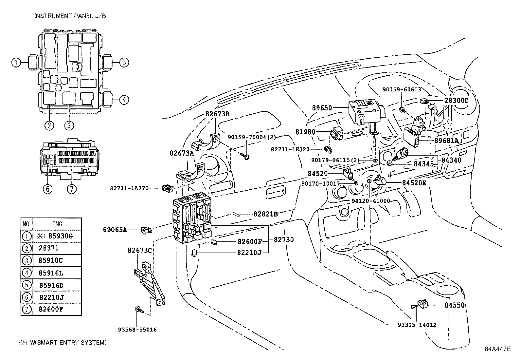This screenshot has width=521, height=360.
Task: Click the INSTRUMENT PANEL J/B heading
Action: pyautogui.click(x=70, y=16)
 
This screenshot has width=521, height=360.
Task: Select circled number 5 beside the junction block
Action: pyautogui.click(x=124, y=62)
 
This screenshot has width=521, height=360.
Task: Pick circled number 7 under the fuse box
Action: pyautogui.click(x=71, y=189)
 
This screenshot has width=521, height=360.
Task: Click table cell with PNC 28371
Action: pyautogui.click(x=57, y=248)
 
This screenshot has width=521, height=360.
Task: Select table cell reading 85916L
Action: pyautogui.click(x=57, y=273)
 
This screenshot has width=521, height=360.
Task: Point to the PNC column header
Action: pyautogui.click(x=57, y=224)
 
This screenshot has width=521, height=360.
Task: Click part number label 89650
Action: pyautogui.click(x=322, y=108)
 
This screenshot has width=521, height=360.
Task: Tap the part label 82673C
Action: pyautogui.click(x=139, y=251)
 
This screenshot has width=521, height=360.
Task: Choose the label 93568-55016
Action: pyautogui.click(x=137, y=330)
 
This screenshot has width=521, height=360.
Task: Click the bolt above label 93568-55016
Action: pyautogui.click(x=138, y=309)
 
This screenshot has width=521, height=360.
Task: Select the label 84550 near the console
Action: pyautogui.click(x=455, y=305)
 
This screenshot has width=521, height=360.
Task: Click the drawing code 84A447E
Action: pyautogui.click(x=497, y=349)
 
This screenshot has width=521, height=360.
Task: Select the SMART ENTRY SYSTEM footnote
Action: pyautogui.click(x=62, y=343)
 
